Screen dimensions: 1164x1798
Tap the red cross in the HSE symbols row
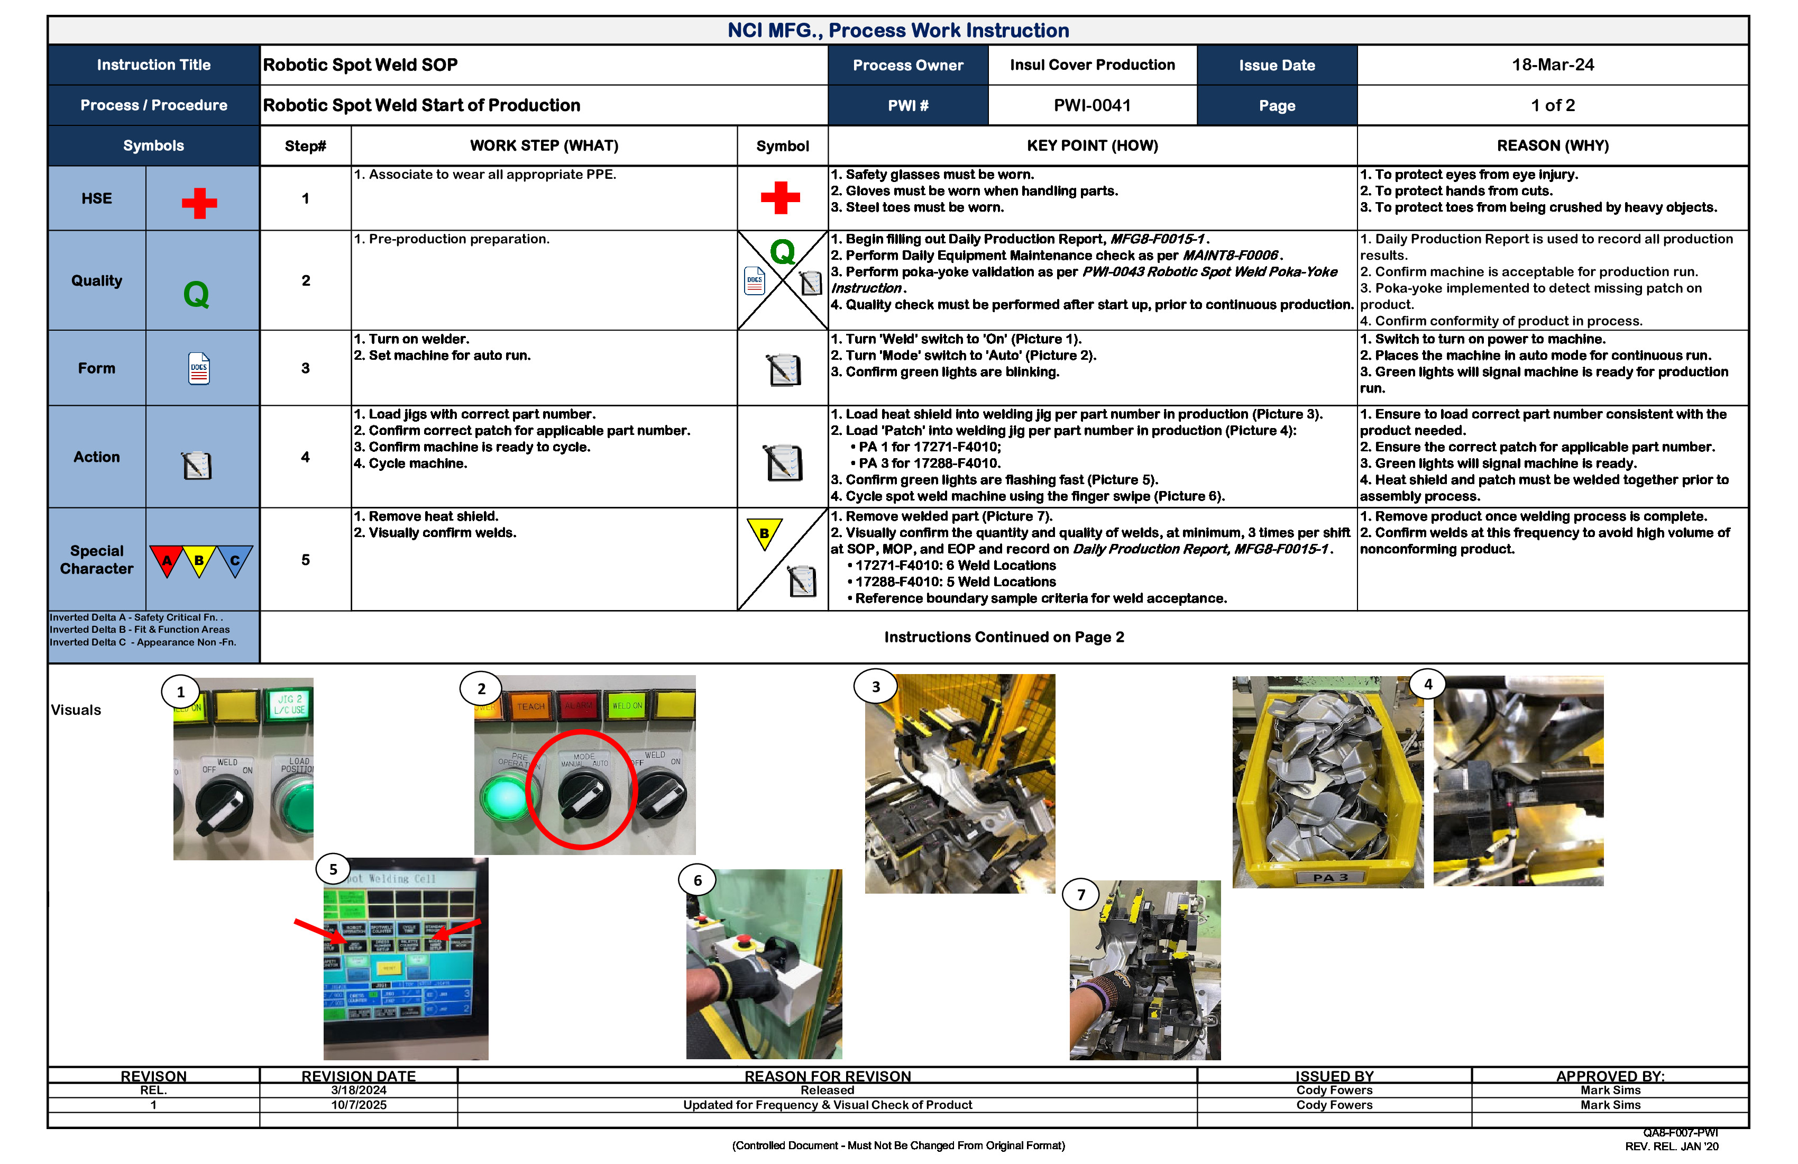click(199, 203)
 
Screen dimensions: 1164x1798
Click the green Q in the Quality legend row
click(196, 294)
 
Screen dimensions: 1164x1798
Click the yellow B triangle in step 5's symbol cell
click(764, 532)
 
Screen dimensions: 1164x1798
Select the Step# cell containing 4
click(305, 457)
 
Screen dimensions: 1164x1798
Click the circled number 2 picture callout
click(481, 688)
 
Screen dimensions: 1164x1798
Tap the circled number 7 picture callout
click(1080, 895)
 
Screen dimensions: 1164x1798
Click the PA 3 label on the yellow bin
click(1329, 877)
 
